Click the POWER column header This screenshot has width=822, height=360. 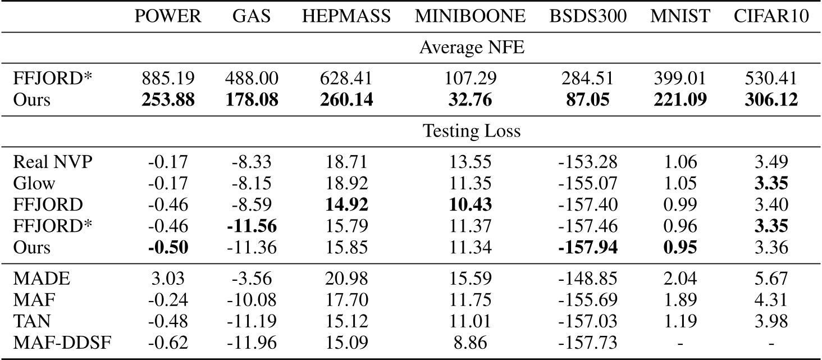pyautogui.click(x=168, y=17)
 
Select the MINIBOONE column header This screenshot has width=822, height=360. pyautogui.click(x=471, y=17)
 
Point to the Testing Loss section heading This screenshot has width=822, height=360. pyautogui.click(x=471, y=131)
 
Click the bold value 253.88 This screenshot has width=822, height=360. pyautogui.click(x=168, y=100)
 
